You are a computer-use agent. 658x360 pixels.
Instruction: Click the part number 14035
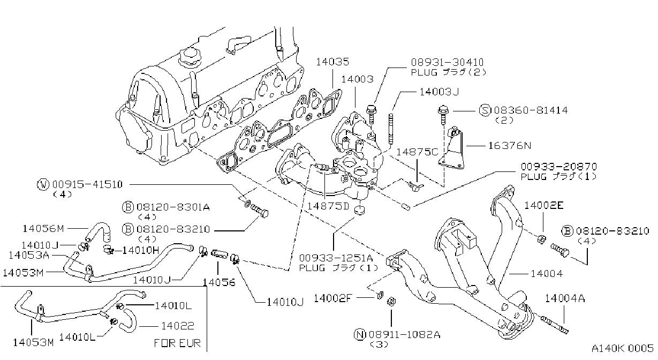(332, 62)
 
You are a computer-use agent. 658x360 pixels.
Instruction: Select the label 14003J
(439, 92)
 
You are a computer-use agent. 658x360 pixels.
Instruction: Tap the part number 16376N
(510, 146)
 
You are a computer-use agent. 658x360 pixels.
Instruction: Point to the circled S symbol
(485, 110)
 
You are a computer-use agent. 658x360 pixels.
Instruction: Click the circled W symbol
(43, 185)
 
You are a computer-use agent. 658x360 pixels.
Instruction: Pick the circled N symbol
(360, 334)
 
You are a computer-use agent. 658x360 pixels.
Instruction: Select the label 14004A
(565, 298)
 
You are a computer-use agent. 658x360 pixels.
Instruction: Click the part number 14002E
(544, 205)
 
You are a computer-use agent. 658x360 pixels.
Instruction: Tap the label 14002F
(332, 298)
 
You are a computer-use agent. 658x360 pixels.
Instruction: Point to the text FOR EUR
(177, 343)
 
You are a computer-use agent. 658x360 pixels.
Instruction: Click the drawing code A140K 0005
(623, 348)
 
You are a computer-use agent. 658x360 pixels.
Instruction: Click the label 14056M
(43, 229)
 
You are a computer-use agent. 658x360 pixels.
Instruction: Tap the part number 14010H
(141, 250)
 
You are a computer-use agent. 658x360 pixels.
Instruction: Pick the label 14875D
(328, 206)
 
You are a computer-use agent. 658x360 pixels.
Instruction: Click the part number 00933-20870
(559, 167)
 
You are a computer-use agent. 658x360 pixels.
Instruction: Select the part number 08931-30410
(447, 62)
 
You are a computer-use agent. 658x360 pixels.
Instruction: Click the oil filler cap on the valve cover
(188, 57)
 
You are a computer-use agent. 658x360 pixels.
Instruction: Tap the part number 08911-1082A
(405, 335)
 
